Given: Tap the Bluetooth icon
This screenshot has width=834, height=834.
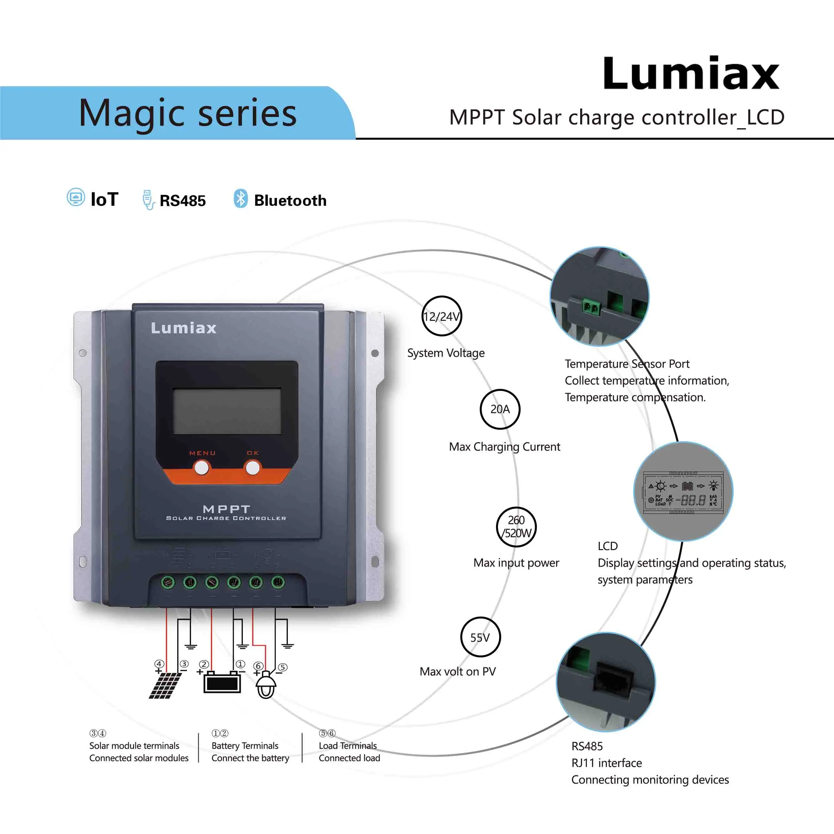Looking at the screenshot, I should coord(240,199).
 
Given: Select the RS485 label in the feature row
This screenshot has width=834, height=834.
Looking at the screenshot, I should coord(182,201).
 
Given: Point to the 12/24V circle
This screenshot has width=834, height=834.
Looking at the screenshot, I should coord(441,316).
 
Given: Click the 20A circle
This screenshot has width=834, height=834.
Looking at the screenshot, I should coord(500,409).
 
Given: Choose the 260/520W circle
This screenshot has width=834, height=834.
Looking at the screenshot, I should coord(516,527).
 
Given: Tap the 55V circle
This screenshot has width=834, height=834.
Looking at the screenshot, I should coord(480,637).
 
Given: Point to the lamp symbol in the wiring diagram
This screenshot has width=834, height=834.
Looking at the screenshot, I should coord(266,685).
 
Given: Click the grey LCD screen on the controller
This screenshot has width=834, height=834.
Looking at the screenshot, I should coord(227,411).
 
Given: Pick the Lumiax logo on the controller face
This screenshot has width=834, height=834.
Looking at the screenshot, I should coord(183,328).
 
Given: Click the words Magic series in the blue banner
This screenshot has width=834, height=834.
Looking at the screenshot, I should coord(188,113).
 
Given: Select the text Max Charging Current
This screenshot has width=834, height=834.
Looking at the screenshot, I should coord(504,447).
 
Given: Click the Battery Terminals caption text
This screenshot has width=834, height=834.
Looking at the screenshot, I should coord(245,746).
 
